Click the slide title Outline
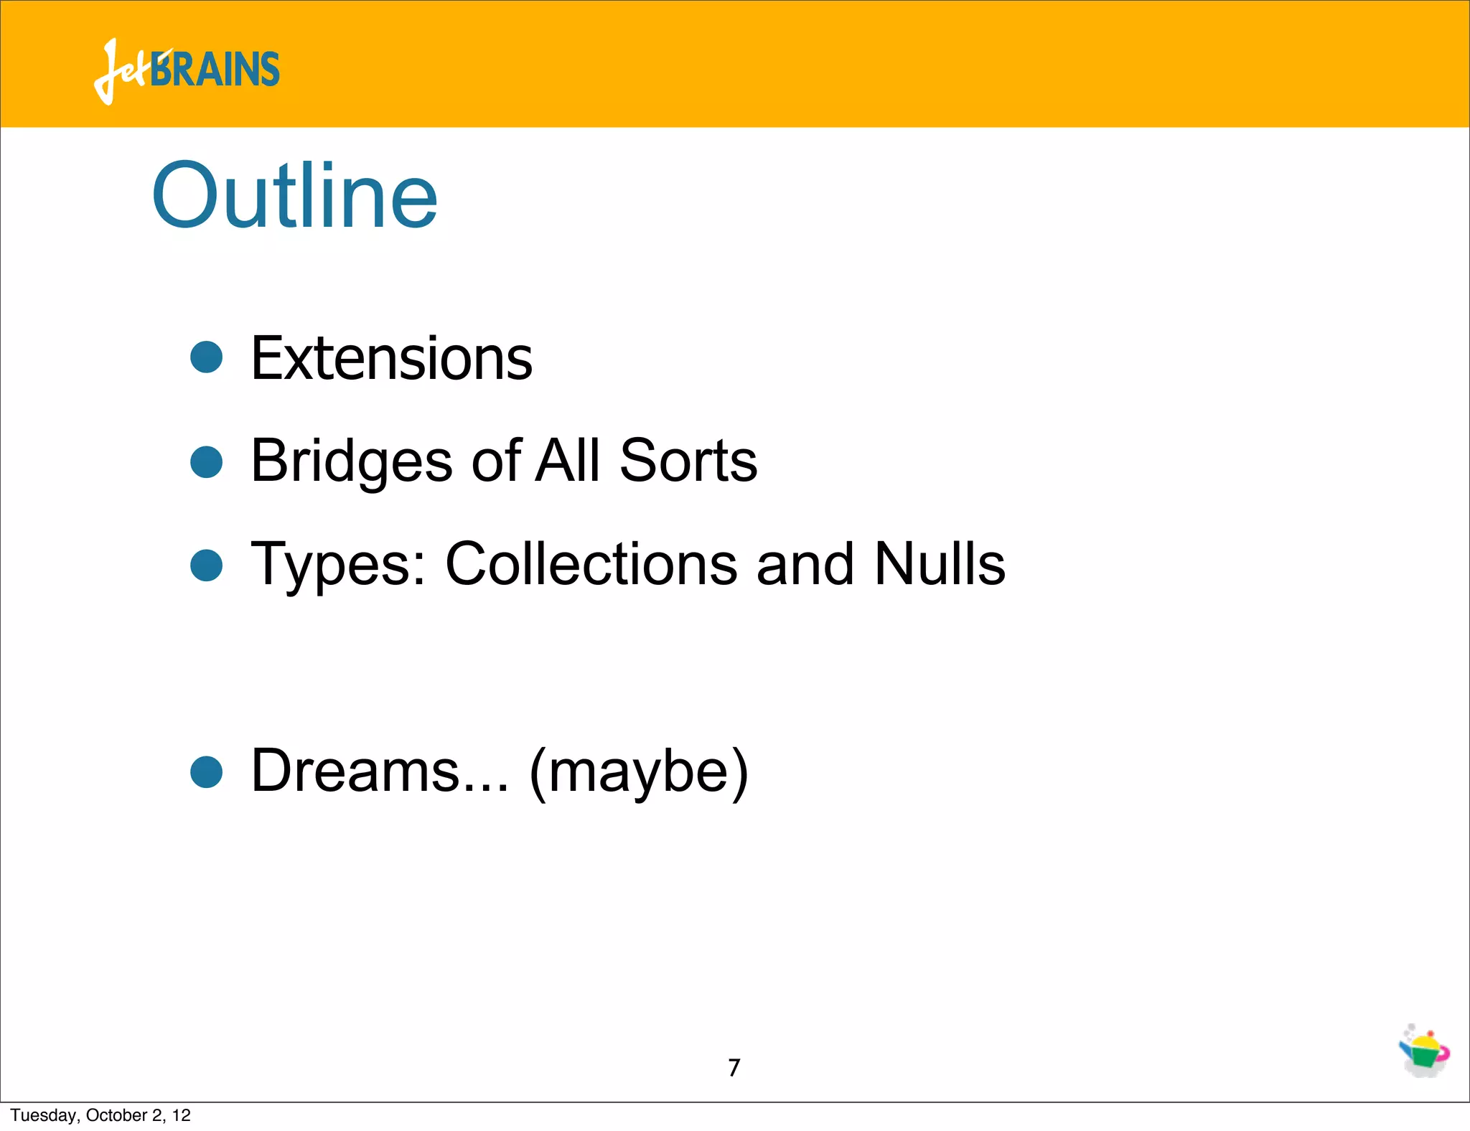pyautogui.click(x=294, y=195)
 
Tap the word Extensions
pyautogui.click(x=391, y=358)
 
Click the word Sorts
pyautogui.click(x=688, y=461)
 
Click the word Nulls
pyautogui.click(x=940, y=564)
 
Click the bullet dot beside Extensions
pyautogui.click(x=207, y=357)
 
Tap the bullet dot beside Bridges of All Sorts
pyautogui.click(x=207, y=461)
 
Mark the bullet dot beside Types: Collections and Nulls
pyautogui.click(x=207, y=565)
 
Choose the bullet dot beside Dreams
pyautogui.click(x=207, y=772)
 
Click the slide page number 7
pyautogui.click(x=734, y=1068)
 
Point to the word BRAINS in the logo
pyautogui.click(x=215, y=70)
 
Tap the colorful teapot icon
pyautogui.click(x=1424, y=1051)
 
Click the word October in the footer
pyautogui.click(x=116, y=1115)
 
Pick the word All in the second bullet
pyautogui.click(x=568, y=461)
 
